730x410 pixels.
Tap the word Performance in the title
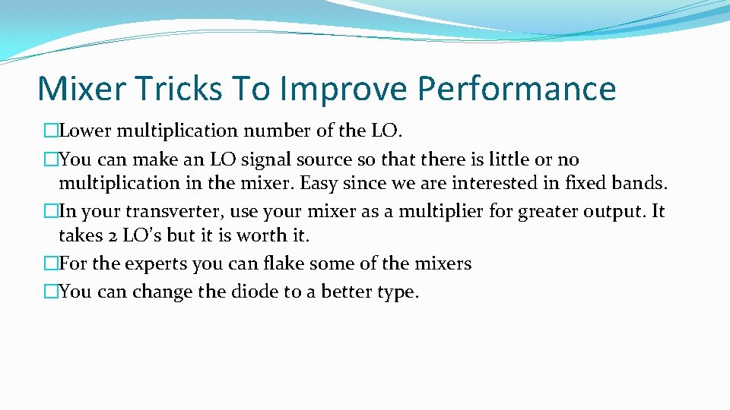(517, 89)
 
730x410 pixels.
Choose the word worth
(262, 235)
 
